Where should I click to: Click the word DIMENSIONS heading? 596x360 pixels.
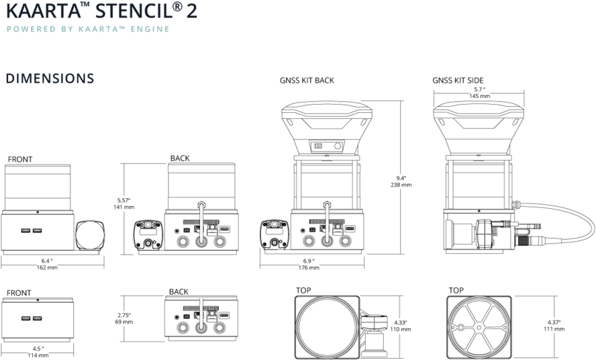[50, 79]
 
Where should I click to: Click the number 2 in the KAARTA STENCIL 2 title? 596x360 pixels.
[191, 11]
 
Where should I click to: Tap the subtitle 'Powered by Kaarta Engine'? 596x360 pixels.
[87, 30]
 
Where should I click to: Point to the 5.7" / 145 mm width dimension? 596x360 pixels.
[479, 93]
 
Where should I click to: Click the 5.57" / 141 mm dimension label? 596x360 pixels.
[123, 204]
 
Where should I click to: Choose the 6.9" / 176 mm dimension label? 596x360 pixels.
[309, 264]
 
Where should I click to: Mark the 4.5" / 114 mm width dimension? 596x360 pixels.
[38, 351]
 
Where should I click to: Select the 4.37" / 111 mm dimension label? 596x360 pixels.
[554, 326]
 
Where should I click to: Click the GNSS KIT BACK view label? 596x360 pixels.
[307, 81]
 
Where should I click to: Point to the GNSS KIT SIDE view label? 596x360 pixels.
[458, 81]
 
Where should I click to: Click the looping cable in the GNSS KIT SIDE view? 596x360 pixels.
[577, 228]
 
